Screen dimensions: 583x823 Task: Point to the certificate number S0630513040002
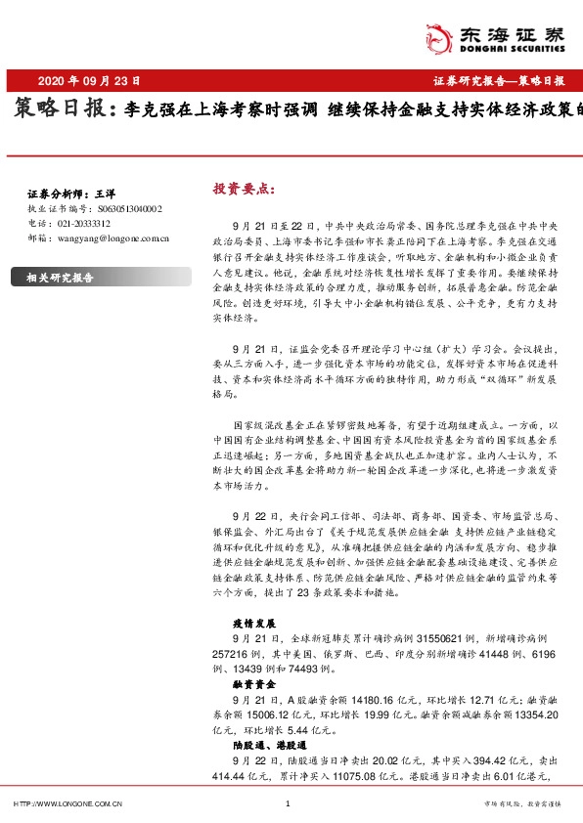130,209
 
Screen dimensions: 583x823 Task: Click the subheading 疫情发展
255,623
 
